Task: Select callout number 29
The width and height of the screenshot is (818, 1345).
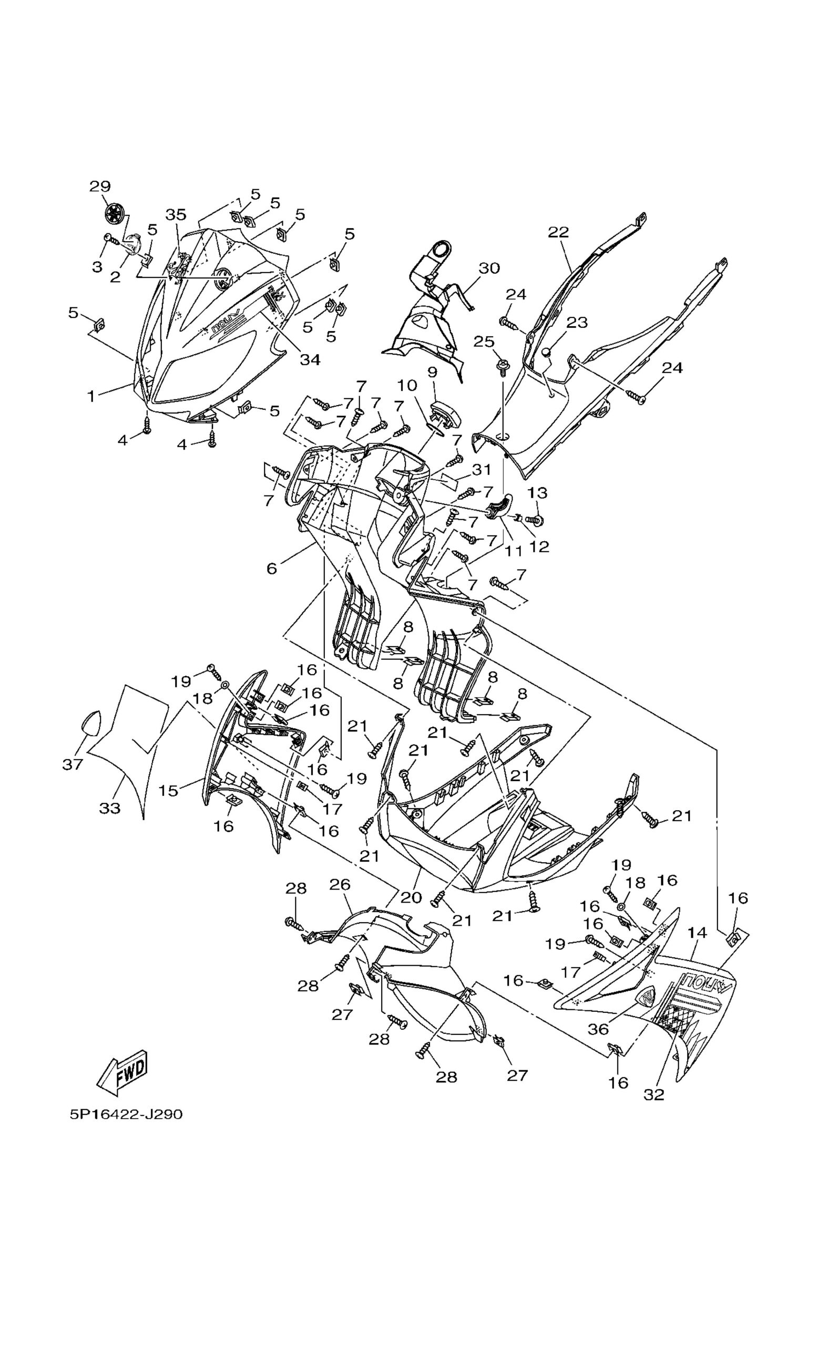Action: (100, 186)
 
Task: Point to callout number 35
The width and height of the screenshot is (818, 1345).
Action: (176, 214)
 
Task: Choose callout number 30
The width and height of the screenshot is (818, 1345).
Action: (489, 268)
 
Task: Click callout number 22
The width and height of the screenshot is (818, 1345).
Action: (558, 232)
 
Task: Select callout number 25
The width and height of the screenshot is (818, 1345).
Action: (484, 342)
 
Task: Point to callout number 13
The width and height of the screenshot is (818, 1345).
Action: (537, 492)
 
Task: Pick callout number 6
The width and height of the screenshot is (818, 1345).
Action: (272, 568)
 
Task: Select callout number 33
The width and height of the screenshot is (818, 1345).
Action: (109, 808)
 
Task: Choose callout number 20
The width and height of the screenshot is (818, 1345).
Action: (411, 897)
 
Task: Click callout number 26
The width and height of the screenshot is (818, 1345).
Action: (340, 884)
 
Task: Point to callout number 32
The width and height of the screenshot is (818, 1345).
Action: (653, 1094)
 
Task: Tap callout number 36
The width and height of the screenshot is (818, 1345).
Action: (598, 1029)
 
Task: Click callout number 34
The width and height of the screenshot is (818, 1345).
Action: (310, 360)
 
